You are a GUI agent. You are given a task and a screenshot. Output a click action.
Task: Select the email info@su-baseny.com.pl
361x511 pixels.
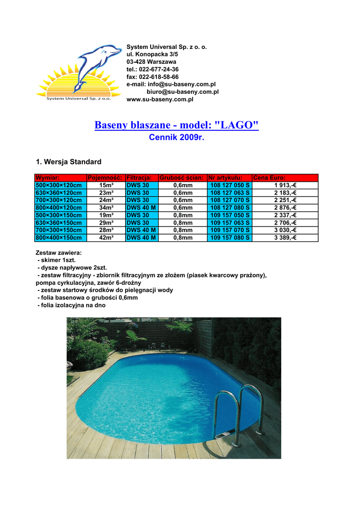click(175, 84)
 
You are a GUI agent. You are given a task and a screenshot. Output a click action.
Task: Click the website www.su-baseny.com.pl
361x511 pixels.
click(160, 99)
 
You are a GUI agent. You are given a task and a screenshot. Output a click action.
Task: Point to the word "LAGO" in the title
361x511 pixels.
click(236, 125)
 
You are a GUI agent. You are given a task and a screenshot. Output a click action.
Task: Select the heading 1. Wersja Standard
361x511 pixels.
click(69, 162)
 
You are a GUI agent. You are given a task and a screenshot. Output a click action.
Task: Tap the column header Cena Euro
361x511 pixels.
click(270, 178)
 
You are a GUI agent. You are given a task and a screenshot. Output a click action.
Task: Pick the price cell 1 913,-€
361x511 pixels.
click(285, 185)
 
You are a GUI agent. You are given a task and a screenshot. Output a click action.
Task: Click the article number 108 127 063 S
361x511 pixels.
click(230, 193)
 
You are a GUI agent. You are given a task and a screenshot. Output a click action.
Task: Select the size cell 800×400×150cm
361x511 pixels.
click(58, 238)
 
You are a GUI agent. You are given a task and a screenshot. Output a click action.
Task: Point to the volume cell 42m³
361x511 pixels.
click(106, 238)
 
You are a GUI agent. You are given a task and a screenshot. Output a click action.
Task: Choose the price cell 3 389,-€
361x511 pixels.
click(285, 238)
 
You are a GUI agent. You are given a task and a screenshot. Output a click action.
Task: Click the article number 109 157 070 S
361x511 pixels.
click(230, 230)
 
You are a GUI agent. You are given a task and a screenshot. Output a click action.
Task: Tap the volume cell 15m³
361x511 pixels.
click(106, 185)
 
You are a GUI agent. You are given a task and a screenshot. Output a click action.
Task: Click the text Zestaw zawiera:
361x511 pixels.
click(59, 253)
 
